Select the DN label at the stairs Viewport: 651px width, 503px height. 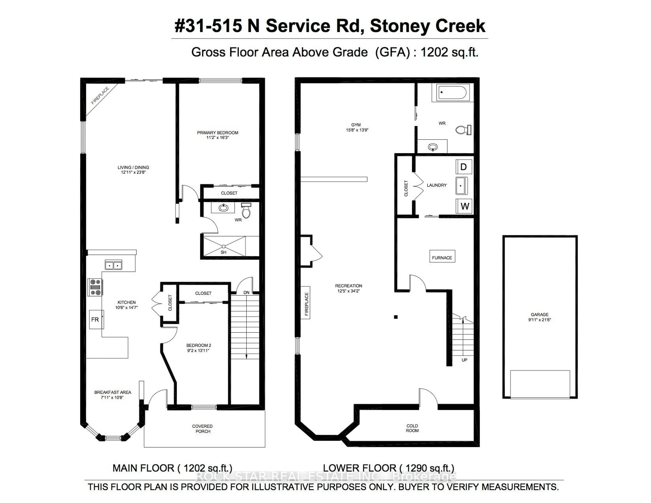246,292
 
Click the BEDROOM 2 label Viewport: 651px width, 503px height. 199,345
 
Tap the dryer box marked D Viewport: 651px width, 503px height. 463,167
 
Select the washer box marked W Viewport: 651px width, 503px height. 464,206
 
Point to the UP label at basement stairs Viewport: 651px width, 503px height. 464,360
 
